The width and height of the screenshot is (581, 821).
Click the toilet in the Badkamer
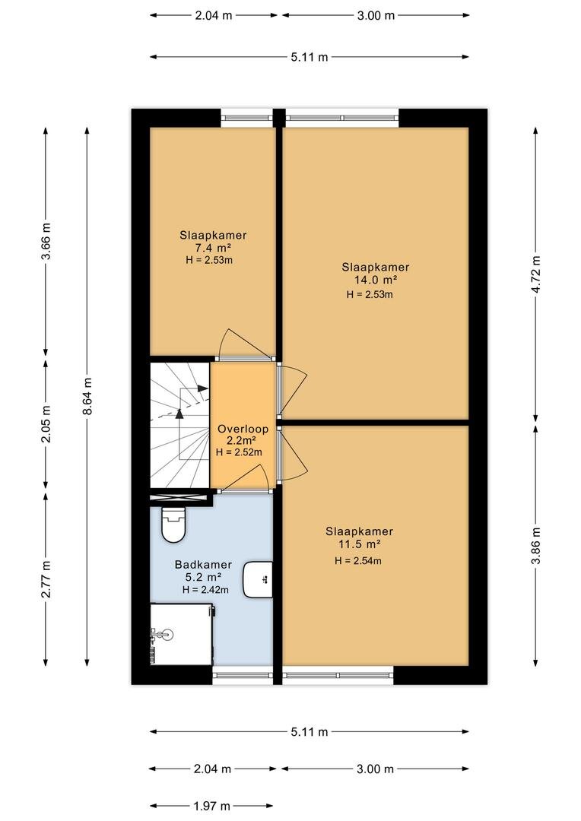(x=173, y=525)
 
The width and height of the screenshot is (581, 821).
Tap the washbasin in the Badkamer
(x=258, y=579)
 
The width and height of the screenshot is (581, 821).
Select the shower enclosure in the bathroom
(x=181, y=632)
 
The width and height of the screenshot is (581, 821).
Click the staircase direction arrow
(x=179, y=413)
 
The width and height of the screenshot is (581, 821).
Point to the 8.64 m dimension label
(x=88, y=396)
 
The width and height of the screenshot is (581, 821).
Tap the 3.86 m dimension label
(x=536, y=545)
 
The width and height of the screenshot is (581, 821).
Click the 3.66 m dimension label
(x=46, y=242)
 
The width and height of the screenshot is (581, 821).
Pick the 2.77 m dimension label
(x=46, y=579)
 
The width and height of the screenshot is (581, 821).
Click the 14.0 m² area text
(x=375, y=279)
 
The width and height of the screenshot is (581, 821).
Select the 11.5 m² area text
(x=359, y=544)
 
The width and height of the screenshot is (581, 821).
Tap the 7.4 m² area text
(x=213, y=247)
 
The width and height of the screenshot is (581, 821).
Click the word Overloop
(x=242, y=429)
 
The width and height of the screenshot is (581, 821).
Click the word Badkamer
(x=200, y=565)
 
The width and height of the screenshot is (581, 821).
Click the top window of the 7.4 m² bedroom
(x=246, y=118)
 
